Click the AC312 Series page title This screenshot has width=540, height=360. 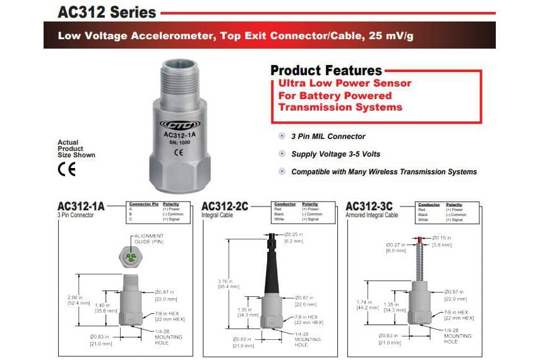[107, 12]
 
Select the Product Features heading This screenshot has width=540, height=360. [326, 70]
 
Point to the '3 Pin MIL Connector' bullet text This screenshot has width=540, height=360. [328, 136]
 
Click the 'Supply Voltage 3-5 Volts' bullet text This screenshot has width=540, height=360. [336, 154]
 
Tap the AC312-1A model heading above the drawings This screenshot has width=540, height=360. [81, 206]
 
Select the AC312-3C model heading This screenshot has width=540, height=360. [371, 206]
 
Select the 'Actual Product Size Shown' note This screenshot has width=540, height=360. [76, 148]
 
